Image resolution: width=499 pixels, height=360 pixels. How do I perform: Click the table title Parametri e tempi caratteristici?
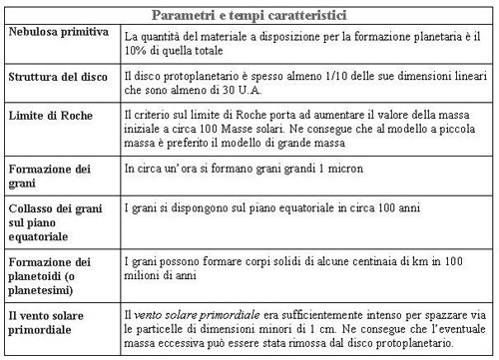(x=248, y=14)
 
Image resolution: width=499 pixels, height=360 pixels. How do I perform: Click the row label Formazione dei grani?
(x=45, y=176)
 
